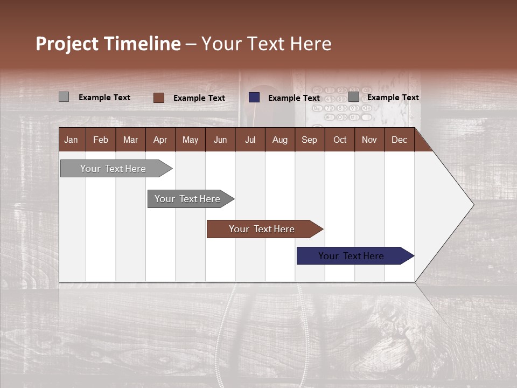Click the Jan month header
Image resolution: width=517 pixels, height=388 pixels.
71,140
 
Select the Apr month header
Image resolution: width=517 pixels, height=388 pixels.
160,140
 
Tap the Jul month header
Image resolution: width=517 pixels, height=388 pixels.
250,140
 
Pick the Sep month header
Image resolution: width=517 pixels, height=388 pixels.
309,140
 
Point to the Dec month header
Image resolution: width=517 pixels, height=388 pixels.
399,140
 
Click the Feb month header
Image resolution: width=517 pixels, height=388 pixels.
101,140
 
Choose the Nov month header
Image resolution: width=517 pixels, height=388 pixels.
369,140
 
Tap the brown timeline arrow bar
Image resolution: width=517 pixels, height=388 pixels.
262,229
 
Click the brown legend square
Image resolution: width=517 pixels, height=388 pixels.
158,98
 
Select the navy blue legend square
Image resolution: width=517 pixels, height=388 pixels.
254,98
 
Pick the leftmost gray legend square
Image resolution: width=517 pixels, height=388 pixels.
64,97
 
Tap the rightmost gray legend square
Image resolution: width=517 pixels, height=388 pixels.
353,97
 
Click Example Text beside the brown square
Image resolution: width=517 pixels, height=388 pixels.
199,98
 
